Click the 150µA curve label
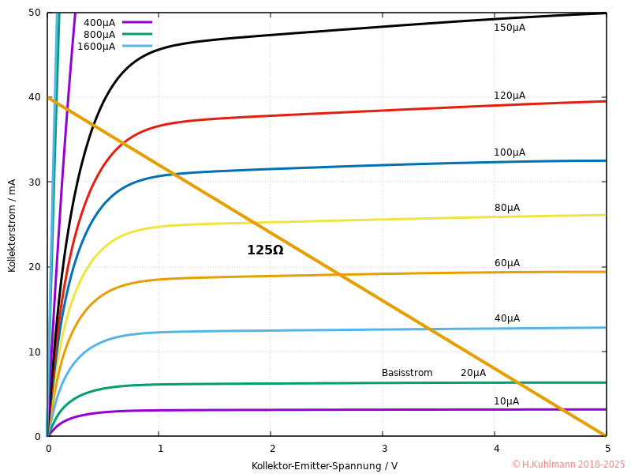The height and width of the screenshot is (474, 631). (509, 28)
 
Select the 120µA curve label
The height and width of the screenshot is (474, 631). (509, 96)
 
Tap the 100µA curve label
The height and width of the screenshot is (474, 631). (509, 152)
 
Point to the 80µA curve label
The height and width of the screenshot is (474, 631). (506, 208)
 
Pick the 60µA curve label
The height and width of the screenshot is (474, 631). (506, 263)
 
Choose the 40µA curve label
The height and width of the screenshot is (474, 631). (506, 318)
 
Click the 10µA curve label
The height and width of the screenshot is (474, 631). (506, 401)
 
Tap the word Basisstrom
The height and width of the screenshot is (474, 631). (407, 373)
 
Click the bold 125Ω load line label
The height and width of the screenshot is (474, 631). (265, 250)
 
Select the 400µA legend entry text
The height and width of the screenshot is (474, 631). (99, 23)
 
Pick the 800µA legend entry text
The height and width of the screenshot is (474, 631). (99, 35)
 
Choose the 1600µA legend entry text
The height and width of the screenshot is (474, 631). (95, 47)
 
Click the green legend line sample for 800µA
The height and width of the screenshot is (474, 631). (137, 34)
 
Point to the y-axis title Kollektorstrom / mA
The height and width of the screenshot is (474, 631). (12, 224)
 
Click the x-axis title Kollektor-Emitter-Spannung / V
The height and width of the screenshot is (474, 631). (324, 466)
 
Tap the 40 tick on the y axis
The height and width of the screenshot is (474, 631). (35, 97)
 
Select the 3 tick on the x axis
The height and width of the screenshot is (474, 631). (383, 449)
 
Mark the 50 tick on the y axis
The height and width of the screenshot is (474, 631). (35, 13)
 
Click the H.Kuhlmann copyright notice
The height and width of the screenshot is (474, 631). (568, 465)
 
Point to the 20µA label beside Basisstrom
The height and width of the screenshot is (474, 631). (473, 373)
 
